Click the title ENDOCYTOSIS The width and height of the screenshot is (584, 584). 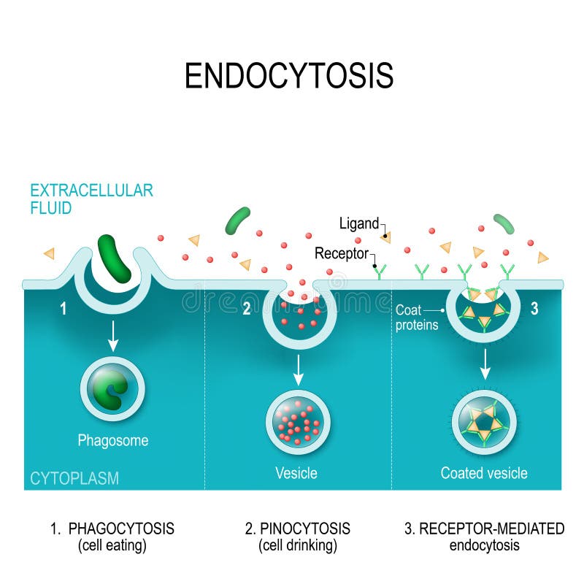pyautogui.click(x=289, y=75)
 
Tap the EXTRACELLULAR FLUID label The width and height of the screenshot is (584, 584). pyautogui.click(x=91, y=199)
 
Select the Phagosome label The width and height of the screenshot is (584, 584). pyautogui.click(x=113, y=440)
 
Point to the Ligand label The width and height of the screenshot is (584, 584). pyautogui.click(x=359, y=224)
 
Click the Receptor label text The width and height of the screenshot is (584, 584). pyautogui.click(x=342, y=253)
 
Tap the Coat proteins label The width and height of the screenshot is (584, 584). pyautogui.click(x=417, y=318)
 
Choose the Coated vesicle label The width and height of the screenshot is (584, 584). pyautogui.click(x=483, y=473)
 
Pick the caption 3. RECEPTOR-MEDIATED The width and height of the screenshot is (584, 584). pyautogui.click(x=484, y=529)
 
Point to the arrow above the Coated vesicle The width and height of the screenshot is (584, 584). pyautogui.click(x=484, y=363)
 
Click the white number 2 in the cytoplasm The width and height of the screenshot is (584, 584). pyautogui.click(x=247, y=309)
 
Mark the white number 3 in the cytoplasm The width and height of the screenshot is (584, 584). pyautogui.click(x=534, y=309)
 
